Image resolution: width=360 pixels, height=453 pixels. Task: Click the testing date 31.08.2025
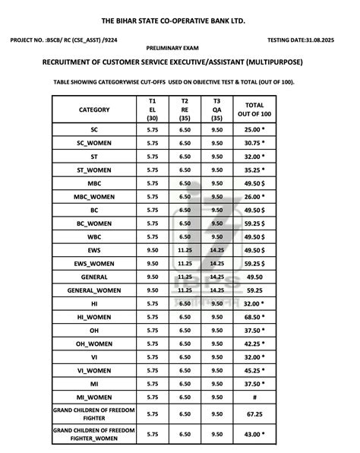tap(308, 40)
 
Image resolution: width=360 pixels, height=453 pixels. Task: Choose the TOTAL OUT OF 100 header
tap(254, 109)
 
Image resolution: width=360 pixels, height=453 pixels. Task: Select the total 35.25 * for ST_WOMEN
tap(254, 170)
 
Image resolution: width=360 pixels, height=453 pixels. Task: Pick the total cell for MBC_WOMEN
tap(254, 197)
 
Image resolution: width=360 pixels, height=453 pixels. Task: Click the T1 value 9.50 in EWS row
tap(152, 249)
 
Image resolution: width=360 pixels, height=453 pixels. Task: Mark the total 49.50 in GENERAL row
tap(254, 277)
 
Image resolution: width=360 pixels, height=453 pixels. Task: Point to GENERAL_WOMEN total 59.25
tap(254, 290)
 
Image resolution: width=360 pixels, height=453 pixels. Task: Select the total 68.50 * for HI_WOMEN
tap(254, 316)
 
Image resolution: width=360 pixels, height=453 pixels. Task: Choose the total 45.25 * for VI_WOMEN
tap(254, 370)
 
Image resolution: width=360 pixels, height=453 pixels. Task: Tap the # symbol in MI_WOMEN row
tap(254, 397)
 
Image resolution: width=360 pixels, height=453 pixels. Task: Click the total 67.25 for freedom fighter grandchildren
tap(254, 414)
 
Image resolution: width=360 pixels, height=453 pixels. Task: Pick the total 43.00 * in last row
tap(254, 434)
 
